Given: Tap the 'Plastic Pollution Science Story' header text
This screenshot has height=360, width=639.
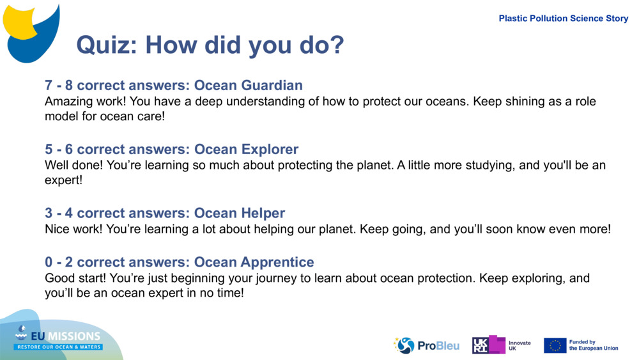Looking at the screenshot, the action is coord(563,19).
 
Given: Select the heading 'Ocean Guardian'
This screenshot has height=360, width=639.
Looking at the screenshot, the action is coord(248,85).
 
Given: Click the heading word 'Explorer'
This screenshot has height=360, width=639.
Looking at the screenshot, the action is coord(270,149).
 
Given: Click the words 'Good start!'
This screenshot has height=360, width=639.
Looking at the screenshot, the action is coord(75,278).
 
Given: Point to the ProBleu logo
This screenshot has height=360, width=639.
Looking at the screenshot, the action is coord(426,345).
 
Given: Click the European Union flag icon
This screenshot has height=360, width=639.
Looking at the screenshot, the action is coord(555,345).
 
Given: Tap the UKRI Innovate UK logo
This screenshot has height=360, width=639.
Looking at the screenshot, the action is coord(501,345).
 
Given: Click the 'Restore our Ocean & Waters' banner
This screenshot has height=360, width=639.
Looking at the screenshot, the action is coord(58,347).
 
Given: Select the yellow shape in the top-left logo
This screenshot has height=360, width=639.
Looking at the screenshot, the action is coord(20,22).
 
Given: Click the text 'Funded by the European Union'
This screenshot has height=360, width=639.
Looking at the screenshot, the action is coord(594,345).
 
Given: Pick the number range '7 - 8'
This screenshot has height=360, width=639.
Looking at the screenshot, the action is coord(59,85).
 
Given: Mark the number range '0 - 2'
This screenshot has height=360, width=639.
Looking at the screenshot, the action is coord(59,262).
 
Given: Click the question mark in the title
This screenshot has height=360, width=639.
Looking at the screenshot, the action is coord(336,44).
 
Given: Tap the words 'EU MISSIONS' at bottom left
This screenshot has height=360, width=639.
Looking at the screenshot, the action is coord(65,336).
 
